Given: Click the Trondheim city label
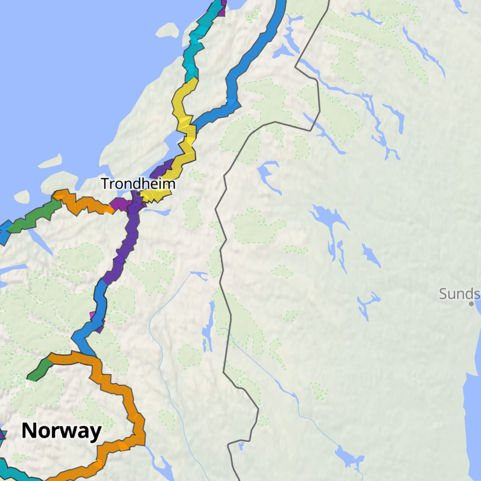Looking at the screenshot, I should (138, 184).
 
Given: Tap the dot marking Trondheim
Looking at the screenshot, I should (138, 193).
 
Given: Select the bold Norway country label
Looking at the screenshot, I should (61, 431).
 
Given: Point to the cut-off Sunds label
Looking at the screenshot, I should (459, 294).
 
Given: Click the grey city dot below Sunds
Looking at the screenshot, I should (471, 304).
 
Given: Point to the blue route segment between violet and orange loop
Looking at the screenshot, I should (99, 305).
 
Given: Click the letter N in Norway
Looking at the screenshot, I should (29, 431).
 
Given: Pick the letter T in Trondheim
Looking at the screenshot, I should (105, 184).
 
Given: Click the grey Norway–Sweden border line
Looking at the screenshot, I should (223, 254).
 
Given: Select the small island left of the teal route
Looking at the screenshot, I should (167, 31).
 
